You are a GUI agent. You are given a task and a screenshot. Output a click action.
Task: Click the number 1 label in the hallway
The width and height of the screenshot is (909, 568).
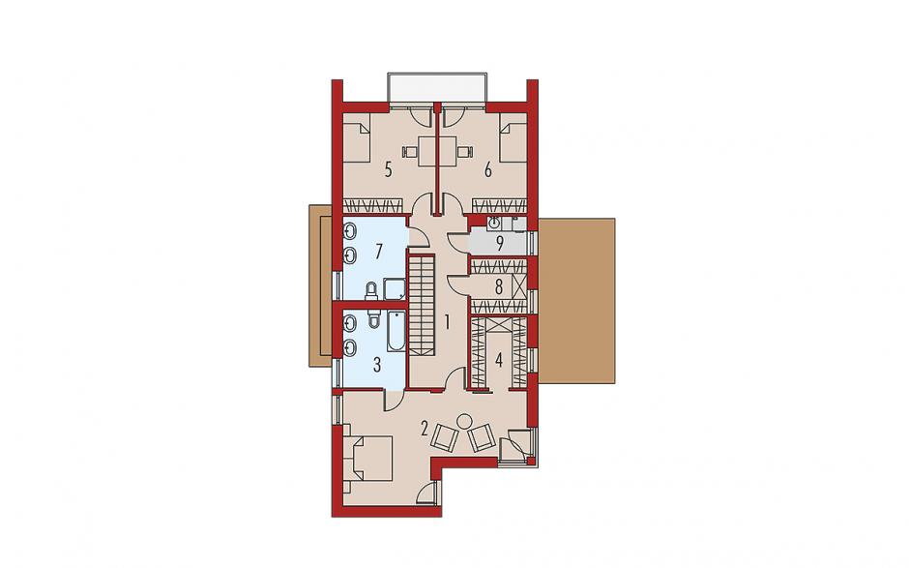pyautogui.click(x=447, y=321)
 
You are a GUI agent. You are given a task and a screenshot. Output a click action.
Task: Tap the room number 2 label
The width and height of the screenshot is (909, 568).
pyautogui.click(x=425, y=430)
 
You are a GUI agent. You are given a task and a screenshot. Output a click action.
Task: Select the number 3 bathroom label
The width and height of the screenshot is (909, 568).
pyautogui.click(x=377, y=365)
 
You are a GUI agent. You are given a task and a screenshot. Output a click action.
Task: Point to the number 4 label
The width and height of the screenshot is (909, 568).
pyautogui.click(x=499, y=360)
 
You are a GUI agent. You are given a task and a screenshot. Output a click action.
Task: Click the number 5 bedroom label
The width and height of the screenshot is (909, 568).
pyautogui.click(x=388, y=170)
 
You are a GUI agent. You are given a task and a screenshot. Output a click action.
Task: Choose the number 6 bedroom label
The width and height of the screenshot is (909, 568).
pyautogui.click(x=488, y=170)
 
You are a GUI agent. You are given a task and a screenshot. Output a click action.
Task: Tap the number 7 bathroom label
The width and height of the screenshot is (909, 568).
pyautogui.click(x=378, y=252)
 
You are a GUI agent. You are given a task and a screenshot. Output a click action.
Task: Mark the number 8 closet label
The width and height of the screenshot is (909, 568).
pyautogui.click(x=499, y=286)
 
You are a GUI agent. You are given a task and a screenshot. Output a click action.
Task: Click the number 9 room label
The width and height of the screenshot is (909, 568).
pyautogui.click(x=499, y=243)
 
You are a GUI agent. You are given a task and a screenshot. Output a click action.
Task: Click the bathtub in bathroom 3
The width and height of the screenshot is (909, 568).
pyautogui.click(x=397, y=332)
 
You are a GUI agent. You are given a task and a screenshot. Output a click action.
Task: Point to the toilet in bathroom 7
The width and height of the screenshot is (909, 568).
pyautogui.click(x=371, y=291)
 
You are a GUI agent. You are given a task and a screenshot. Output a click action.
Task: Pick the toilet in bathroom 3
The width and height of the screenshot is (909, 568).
pyautogui.click(x=373, y=318)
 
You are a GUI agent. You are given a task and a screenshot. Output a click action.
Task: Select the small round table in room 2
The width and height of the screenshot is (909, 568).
pyautogui.click(x=464, y=421)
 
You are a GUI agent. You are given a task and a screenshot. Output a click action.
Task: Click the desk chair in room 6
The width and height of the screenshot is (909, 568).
pyautogui.click(x=464, y=151)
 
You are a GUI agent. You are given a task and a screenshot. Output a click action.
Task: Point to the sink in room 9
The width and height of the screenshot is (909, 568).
pyautogui.click(x=495, y=223)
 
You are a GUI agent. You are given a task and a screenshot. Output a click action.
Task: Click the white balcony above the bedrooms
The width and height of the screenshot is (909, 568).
pyautogui.click(x=437, y=88)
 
